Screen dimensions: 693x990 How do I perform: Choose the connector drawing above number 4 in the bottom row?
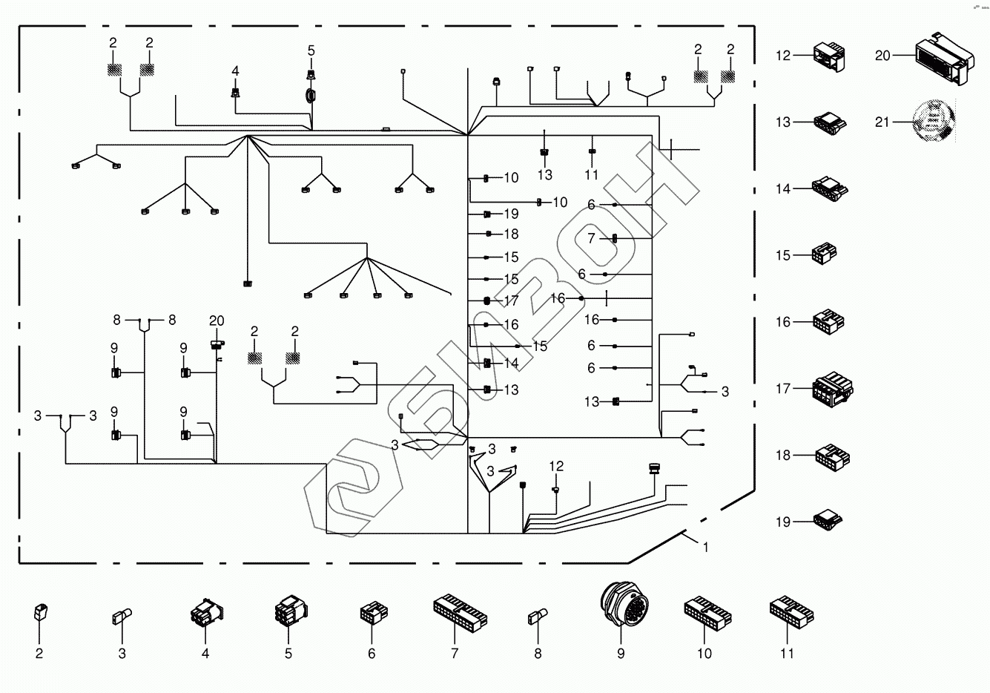(x=205, y=614)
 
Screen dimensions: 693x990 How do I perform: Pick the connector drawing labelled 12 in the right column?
(x=828, y=56)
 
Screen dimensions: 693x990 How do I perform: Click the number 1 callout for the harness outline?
(x=706, y=548)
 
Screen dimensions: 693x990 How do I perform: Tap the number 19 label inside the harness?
(x=511, y=214)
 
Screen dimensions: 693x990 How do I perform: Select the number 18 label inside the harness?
(x=511, y=234)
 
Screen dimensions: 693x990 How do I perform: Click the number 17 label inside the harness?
(x=511, y=301)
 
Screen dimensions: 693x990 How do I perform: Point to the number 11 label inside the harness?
(x=591, y=175)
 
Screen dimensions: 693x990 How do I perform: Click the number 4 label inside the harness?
(x=235, y=70)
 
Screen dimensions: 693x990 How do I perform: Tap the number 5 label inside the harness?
(x=311, y=50)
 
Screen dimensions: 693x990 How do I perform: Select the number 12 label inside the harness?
(x=556, y=466)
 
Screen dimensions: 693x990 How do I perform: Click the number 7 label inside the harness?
(x=592, y=239)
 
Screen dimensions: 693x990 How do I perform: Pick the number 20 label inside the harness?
(x=216, y=321)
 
